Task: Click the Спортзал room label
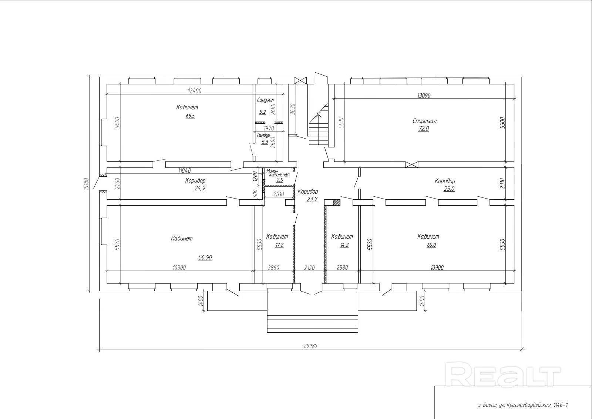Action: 425,121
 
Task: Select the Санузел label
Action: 265,100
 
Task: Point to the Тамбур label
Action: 263,135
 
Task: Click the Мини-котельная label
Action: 278,173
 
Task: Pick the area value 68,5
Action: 190,116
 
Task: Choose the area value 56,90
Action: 205,257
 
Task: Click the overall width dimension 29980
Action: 310,346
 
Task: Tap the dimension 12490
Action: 195,91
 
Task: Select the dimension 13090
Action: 424,95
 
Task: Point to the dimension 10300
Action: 179,267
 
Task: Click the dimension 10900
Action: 437,267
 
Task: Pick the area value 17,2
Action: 279,245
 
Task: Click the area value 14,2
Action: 344,245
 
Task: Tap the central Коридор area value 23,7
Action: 312,199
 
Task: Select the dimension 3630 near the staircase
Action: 292,109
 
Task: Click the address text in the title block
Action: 523,405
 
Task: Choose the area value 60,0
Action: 431,245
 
